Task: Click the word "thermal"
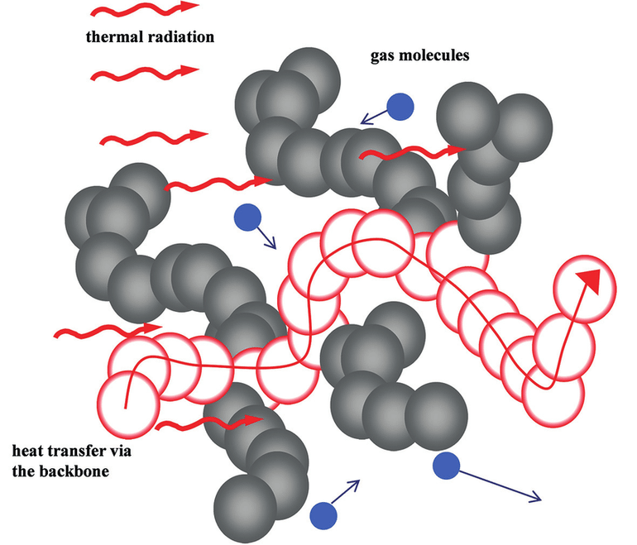click(115, 36)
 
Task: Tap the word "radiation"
click(181, 36)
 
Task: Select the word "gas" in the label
click(382, 55)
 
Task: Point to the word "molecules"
click(433, 55)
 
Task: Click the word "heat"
click(27, 451)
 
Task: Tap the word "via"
click(119, 451)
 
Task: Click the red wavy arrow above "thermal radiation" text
click(145, 9)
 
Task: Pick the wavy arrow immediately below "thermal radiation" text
click(145, 73)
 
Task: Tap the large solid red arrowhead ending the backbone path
click(590, 281)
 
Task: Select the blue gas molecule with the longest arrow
click(446, 466)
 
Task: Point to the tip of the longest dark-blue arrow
click(542, 500)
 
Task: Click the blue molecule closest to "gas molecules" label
click(400, 107)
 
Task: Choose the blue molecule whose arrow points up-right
click(323, 516)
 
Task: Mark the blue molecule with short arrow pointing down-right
click(248, 218)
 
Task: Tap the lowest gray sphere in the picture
click(245, 509)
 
